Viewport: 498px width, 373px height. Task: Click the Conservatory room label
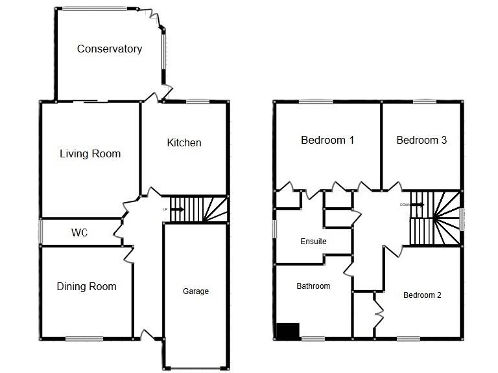point(109,49)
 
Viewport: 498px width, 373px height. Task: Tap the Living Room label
point(90,153)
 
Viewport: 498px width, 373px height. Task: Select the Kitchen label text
point(184,142)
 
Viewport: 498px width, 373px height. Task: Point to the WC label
point(80,231)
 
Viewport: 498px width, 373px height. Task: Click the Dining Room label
point(86,286)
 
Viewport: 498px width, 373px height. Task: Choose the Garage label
point(195,291)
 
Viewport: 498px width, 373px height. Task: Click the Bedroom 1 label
point(327,140)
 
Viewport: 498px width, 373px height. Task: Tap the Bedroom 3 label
point(421,140)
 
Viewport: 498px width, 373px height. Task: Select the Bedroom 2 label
point(422,295)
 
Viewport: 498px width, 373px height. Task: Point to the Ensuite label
point(313,242)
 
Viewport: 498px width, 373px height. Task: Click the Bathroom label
point(313,286)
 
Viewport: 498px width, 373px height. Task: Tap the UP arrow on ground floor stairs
point(177,209)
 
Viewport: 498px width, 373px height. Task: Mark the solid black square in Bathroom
point(288,330)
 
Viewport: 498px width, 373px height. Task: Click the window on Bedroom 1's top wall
point(316,101)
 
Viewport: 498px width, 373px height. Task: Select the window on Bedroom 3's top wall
point(424,101)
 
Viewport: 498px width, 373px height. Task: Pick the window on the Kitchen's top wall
point(197,101)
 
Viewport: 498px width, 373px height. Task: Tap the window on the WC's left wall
point(40,231)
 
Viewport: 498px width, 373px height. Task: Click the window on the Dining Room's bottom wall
point(84,338)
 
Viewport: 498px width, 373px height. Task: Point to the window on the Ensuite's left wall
point(274,229)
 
